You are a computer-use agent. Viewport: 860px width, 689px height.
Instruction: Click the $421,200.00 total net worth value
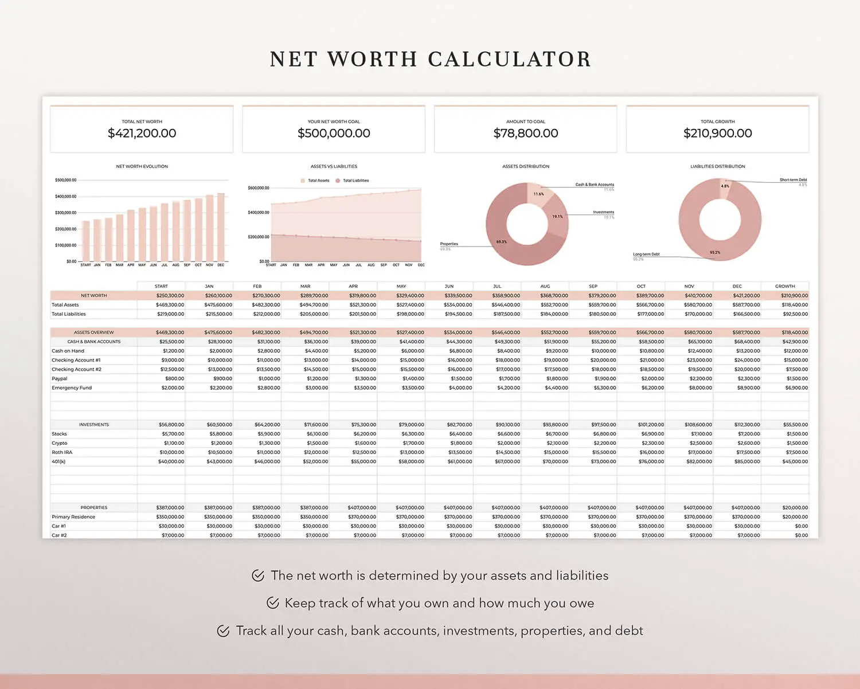point(142,133)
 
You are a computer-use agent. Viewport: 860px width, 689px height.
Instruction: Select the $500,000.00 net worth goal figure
point(334,133)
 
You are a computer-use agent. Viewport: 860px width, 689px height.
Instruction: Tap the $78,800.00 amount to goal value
point(526,133)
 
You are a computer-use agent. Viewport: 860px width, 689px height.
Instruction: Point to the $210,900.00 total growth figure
point(717,133)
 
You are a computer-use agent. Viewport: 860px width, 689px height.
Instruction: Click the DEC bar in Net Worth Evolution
point(221,227)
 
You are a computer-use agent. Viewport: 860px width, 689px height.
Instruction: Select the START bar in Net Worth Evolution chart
point(86,241)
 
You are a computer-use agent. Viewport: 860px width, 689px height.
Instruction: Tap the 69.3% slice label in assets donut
point(502,242)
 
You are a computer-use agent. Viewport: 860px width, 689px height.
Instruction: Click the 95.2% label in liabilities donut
point(715,252)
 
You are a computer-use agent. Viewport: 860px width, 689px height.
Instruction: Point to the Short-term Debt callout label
point(793,180)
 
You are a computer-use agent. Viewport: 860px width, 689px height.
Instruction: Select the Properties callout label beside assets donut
point(449,244)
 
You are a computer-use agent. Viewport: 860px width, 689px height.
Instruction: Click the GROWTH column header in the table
point(785,286)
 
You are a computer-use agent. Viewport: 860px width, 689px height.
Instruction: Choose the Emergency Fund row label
point(72,388)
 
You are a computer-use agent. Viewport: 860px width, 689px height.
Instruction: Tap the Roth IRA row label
point(62,452)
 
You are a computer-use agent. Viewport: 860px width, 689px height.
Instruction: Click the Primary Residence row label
point(73,517)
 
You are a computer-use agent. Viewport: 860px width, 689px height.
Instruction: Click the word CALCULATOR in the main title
point(509,59)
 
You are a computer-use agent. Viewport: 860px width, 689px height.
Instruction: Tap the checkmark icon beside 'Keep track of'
point(273,603)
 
